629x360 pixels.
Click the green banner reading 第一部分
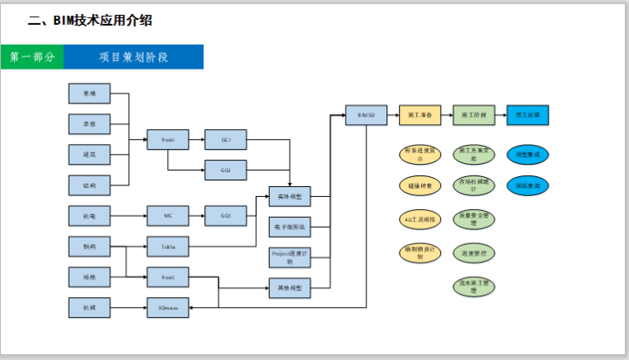(x=32, y=57)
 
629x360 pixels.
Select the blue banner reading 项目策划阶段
(x=133, y=57)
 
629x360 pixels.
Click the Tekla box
(x=168, y=246)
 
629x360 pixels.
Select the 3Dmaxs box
(x=168, y=308)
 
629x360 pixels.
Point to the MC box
(x=168, y=216)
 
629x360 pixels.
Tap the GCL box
(x=226, y=140)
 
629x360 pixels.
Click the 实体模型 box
(x=290, y=196)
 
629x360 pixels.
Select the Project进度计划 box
(x=290, y=257)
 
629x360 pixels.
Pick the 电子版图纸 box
(x=290, y=226)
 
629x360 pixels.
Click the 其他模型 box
(x=290, y=288)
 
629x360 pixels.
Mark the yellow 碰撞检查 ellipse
(x=420, y=186)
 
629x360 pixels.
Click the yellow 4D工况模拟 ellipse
(x=420, y=220)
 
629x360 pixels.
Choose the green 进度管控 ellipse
(x=473, y=252)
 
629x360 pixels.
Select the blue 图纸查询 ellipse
(x=527, y=186)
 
